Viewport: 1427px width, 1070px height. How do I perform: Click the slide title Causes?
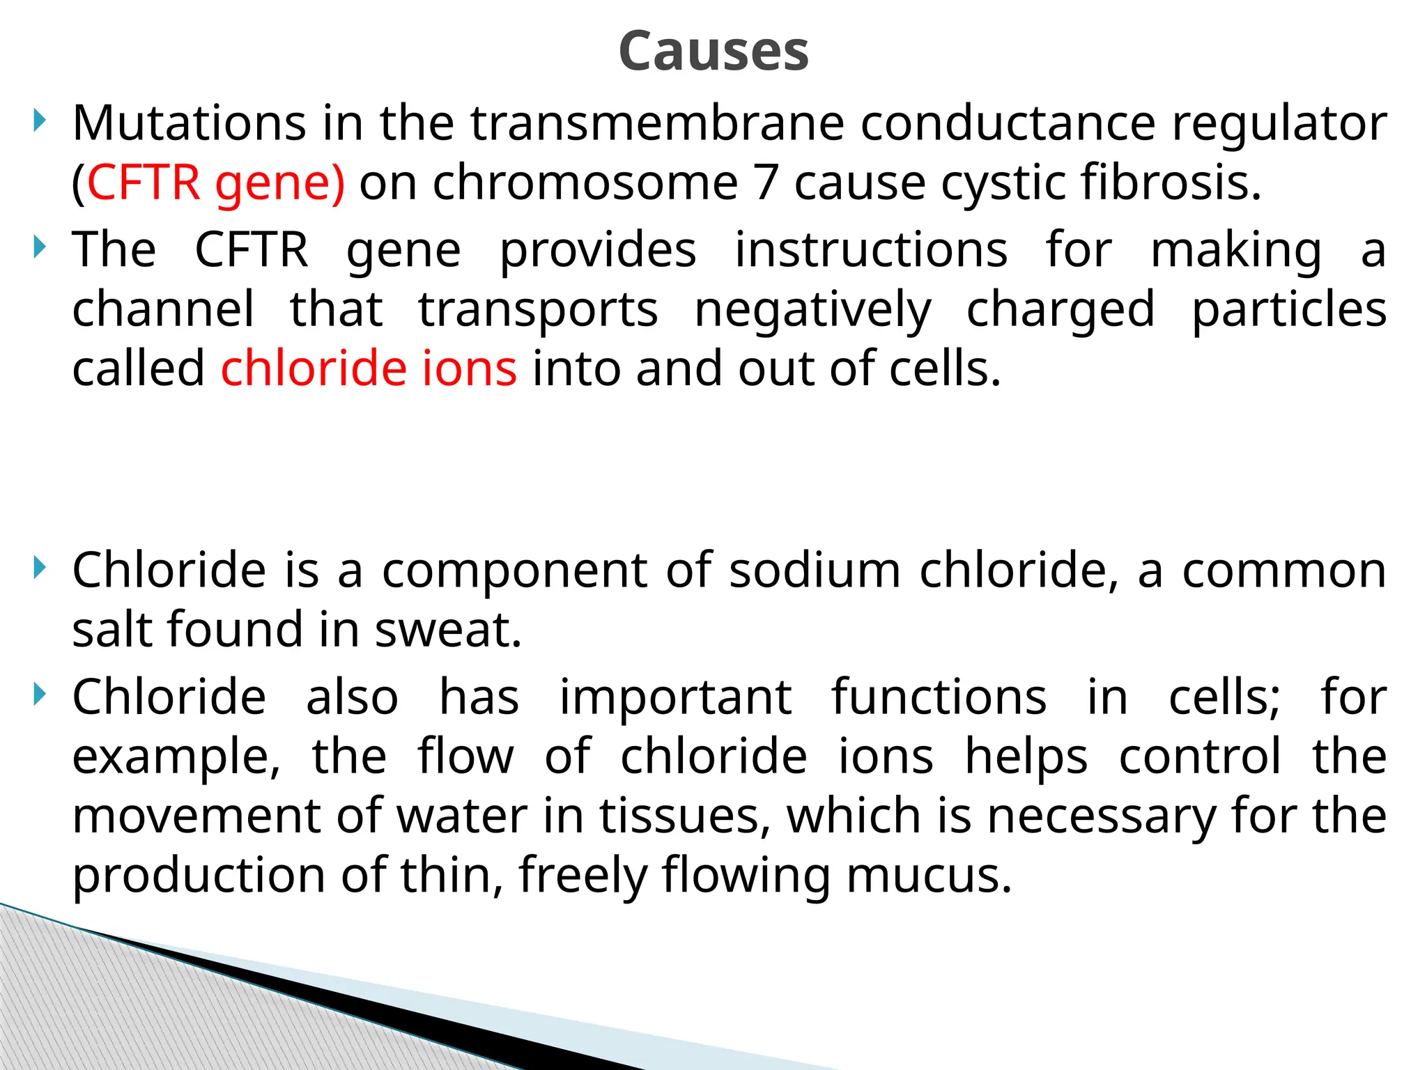(x=713, y=52)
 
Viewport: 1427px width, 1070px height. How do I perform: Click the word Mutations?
(x=189, y=124)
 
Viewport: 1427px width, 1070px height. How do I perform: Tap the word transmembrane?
(x=657, y=124)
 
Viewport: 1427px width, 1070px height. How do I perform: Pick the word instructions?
(x=871, y=251)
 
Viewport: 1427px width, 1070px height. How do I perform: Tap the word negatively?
(x=812, y=311)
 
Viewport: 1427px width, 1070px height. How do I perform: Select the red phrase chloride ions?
(x=369, y=369)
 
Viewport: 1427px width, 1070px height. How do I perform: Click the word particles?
(x=1289, y=311)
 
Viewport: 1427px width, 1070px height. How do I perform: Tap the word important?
(x=675, y=698)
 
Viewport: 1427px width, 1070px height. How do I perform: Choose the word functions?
(x=939, y=698)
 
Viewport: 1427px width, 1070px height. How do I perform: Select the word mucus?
(x=929, y=876)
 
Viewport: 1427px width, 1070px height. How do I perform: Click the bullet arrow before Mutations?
(x=40, y=121)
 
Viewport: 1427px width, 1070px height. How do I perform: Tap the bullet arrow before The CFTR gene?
(x=40, y=248)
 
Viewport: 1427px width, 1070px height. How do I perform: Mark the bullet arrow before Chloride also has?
(x=40, y=695)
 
